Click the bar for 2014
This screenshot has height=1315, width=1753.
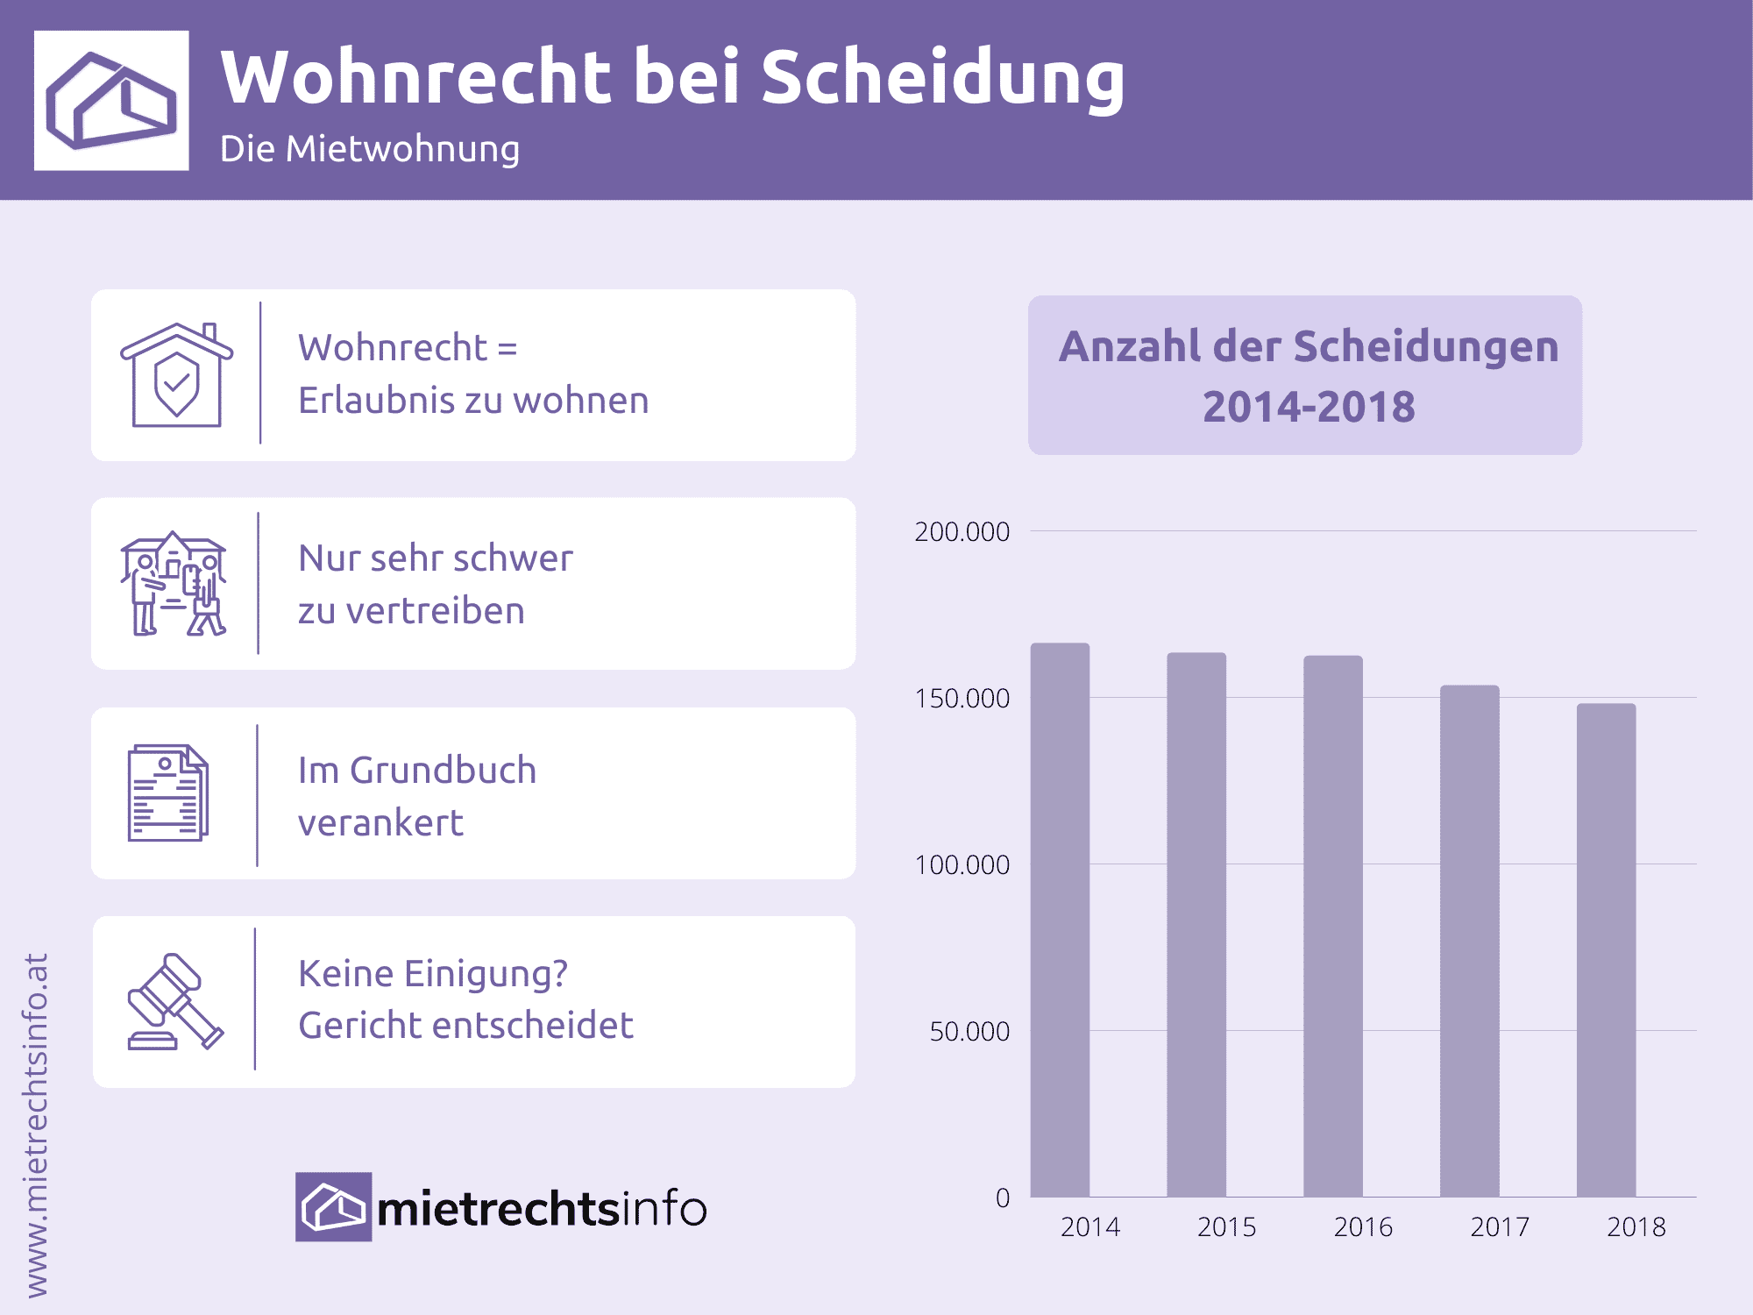tap(1060, 920)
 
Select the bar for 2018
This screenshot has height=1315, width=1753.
tap(1606, 950)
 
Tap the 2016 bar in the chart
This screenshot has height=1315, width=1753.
tap(1332, 926)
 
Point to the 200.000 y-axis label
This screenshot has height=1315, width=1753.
tap(962, 532)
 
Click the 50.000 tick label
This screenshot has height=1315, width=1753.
tap(969, 1032)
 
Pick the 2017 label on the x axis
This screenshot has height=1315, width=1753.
tap(1500, 1227)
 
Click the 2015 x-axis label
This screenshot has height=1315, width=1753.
tap(1226, 1227)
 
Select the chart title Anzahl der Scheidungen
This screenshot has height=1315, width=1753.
tap(1308, 347)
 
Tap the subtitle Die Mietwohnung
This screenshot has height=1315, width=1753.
tap(369, 149)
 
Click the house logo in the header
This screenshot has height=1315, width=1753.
tap(111, 100)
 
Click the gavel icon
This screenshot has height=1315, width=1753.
tap(175, 1001)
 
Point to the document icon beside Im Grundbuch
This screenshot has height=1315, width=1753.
tap(167, 793)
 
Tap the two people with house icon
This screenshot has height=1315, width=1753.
tap(174, 584)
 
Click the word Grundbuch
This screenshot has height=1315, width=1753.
tap(443, 771)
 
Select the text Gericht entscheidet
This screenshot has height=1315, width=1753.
tap(465, 1026)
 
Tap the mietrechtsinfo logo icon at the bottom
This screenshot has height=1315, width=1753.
tap(333, 1207)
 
